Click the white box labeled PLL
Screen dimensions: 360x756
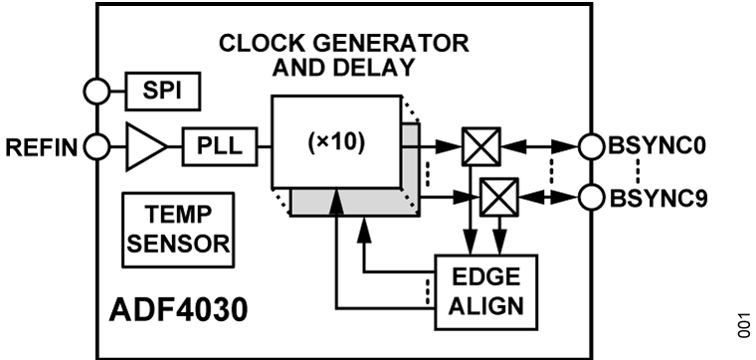point(219,147)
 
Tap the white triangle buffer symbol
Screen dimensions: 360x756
point(143,147)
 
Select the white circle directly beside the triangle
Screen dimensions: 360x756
point(96,147)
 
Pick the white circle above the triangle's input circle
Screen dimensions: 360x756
point(96,91)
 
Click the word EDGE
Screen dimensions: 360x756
point(486,278)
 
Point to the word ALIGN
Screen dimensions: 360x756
point(486,305)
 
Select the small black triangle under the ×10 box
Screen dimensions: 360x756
point(336,203)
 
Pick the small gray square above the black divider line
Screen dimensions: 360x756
point(409,135)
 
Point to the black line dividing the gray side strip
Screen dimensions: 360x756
point(409,147)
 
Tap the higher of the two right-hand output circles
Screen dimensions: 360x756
point(592,147)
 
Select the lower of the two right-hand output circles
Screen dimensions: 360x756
point(592,197)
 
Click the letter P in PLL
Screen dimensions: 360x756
point(201,147)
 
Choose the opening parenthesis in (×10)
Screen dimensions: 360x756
point(311,142)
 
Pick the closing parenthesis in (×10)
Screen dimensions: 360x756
point(361,142)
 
